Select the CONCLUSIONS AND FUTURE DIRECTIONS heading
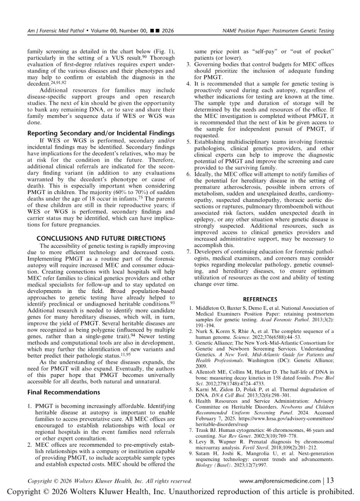(x=101, y=238)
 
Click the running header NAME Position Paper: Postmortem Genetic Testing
(x=278, y=31)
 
